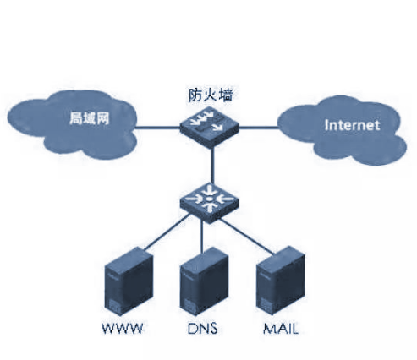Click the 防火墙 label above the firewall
211,95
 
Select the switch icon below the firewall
210,202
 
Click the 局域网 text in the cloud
89,118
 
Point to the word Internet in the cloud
352,125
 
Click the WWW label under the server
123,329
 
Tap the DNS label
203,329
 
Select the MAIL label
281,329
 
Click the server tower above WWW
129,281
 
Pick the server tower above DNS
204,281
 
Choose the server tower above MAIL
281,281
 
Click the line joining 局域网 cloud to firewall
157,128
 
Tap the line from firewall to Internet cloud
259,128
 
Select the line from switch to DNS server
201,236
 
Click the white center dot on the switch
209,199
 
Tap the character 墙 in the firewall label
226,95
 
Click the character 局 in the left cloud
75,118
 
